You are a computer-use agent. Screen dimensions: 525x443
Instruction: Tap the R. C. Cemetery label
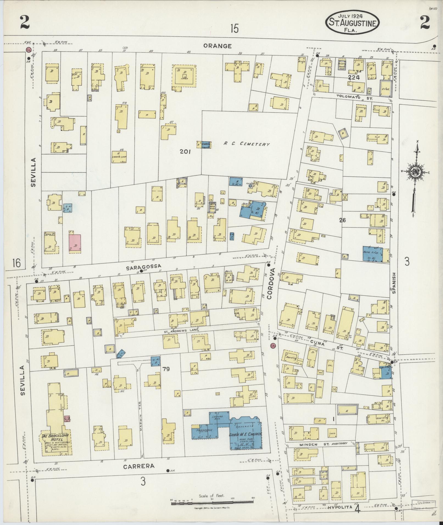(246, 144)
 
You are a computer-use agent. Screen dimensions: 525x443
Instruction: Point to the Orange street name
(218, 46)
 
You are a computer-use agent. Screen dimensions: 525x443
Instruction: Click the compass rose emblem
(416, 172)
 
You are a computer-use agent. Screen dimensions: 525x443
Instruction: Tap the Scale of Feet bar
(212, 503)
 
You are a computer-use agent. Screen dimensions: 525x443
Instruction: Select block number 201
(185, 151)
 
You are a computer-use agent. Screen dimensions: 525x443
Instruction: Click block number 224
(354, 78)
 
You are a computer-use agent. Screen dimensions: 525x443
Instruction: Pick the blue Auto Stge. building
(372, 254)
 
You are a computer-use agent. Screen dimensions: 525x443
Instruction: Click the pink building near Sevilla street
(75, 242)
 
